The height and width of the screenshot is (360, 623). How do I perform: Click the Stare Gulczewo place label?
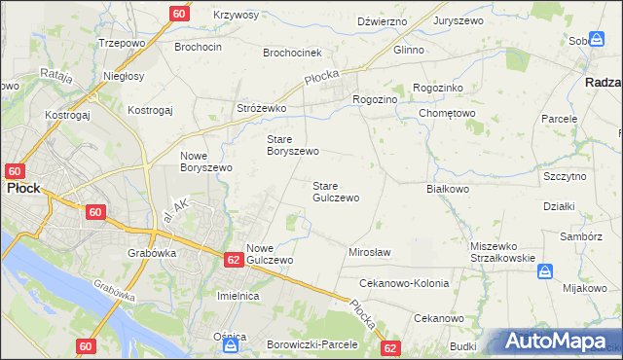click(335, 191)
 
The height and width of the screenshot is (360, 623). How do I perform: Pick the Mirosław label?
click(369, 252)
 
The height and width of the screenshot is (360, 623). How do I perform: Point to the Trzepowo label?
click(121, 44)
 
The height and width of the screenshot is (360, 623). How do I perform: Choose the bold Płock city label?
click(23, 188)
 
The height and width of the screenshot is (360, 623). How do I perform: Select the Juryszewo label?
click(460, 20)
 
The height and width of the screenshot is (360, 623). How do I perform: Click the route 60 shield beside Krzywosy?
click(179, 14)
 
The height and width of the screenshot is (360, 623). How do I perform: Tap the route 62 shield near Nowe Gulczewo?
click(233, 260)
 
